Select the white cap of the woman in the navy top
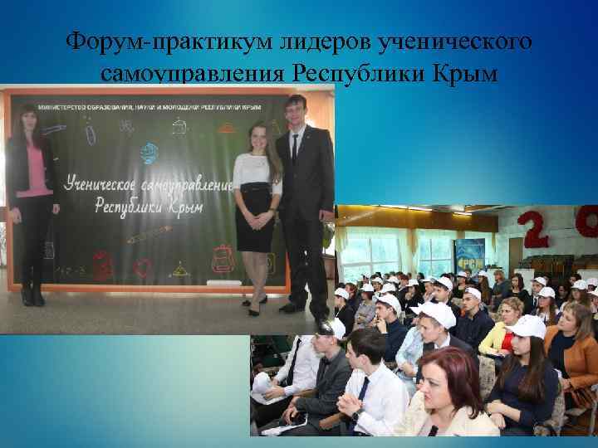pos(528,325)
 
